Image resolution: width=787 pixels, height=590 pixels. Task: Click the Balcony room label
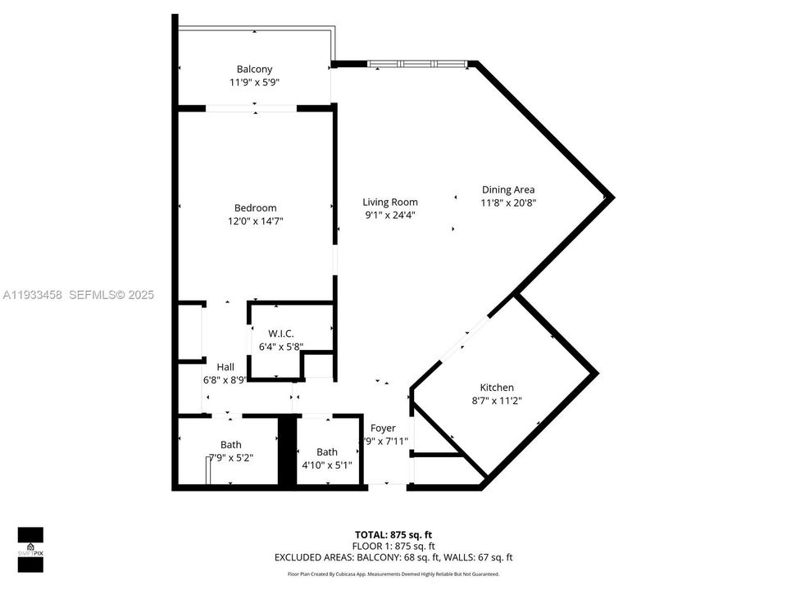click(254, 70)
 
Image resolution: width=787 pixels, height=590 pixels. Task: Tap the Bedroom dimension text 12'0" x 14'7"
click(255, 221)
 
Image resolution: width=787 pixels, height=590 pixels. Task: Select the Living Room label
click(390, 202)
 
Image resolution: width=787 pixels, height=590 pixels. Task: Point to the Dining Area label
click(508, 190)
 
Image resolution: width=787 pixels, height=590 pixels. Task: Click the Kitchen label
click(497, 388)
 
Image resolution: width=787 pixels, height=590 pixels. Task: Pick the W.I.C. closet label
click(281, 334)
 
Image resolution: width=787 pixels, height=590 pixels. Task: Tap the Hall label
click(225, 367)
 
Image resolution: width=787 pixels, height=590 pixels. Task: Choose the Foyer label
click(383, 429)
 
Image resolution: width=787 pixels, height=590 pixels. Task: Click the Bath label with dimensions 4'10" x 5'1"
click(327, 452)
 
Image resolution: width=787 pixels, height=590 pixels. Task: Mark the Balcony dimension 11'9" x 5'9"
click(254, 83)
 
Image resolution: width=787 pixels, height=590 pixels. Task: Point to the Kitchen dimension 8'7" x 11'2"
click(497, 401)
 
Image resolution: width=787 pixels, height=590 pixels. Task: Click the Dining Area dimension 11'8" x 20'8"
click(508, 203)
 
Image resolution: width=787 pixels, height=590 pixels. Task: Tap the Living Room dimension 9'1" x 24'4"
click(390, 216)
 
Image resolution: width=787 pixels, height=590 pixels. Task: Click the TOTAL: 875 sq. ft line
click(393, 534)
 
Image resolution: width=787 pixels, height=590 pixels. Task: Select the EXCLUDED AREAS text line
click(393, 557)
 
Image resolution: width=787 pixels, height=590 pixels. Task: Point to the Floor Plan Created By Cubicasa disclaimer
click(393, 574)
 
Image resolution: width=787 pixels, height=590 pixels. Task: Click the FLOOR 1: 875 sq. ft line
click(393, 546)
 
